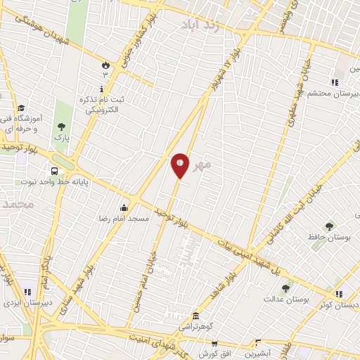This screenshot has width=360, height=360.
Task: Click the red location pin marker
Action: (180, 165)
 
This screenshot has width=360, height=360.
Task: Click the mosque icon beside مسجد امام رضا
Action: (124, 207)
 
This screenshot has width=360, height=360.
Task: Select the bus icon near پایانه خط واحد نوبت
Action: (54, 171)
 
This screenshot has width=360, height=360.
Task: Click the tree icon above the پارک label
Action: (63, 126)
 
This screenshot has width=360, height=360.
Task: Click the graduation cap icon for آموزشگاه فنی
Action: (21, 108)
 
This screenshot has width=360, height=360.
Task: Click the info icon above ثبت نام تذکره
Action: (103, 89)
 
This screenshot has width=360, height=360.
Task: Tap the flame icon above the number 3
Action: (106, 65)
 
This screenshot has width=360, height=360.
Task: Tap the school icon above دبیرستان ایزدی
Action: (27, 291)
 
